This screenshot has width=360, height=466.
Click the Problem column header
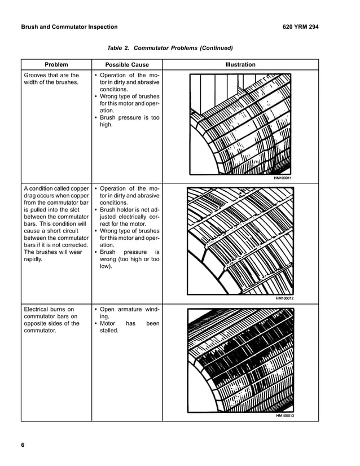pos(56,65)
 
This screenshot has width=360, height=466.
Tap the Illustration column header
pos(240,65)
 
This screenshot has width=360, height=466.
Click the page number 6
pos(23,446)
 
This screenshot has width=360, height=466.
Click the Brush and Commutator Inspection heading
pos(69,27)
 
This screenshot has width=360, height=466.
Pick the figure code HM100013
pos(284,416)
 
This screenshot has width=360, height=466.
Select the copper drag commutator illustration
pos(241,241)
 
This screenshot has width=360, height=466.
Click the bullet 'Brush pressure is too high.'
pos(129,121)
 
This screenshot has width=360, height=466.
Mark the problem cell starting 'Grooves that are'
pos(51,79)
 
